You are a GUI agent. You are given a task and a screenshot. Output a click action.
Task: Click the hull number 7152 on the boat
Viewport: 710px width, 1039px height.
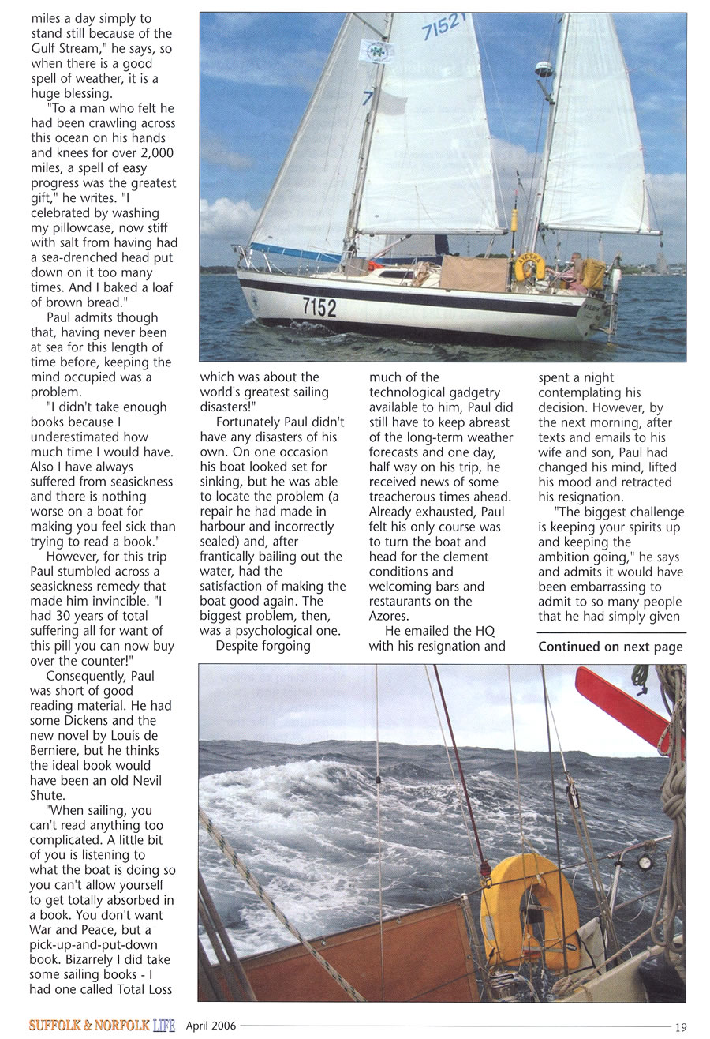[319, 307]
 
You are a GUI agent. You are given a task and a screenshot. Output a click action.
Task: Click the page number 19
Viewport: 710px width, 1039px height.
[681, 1026]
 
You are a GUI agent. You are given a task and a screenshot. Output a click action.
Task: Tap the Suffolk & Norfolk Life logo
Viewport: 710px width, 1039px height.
[102, 1026]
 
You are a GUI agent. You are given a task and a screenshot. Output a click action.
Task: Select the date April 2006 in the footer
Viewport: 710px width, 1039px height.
[211, 1026]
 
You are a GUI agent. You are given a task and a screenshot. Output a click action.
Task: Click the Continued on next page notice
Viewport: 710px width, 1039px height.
[611, 647]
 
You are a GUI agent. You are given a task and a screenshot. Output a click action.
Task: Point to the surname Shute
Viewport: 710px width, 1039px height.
[47, 795]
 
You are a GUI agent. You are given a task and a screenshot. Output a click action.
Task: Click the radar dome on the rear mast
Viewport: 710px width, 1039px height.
[544, 69]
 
